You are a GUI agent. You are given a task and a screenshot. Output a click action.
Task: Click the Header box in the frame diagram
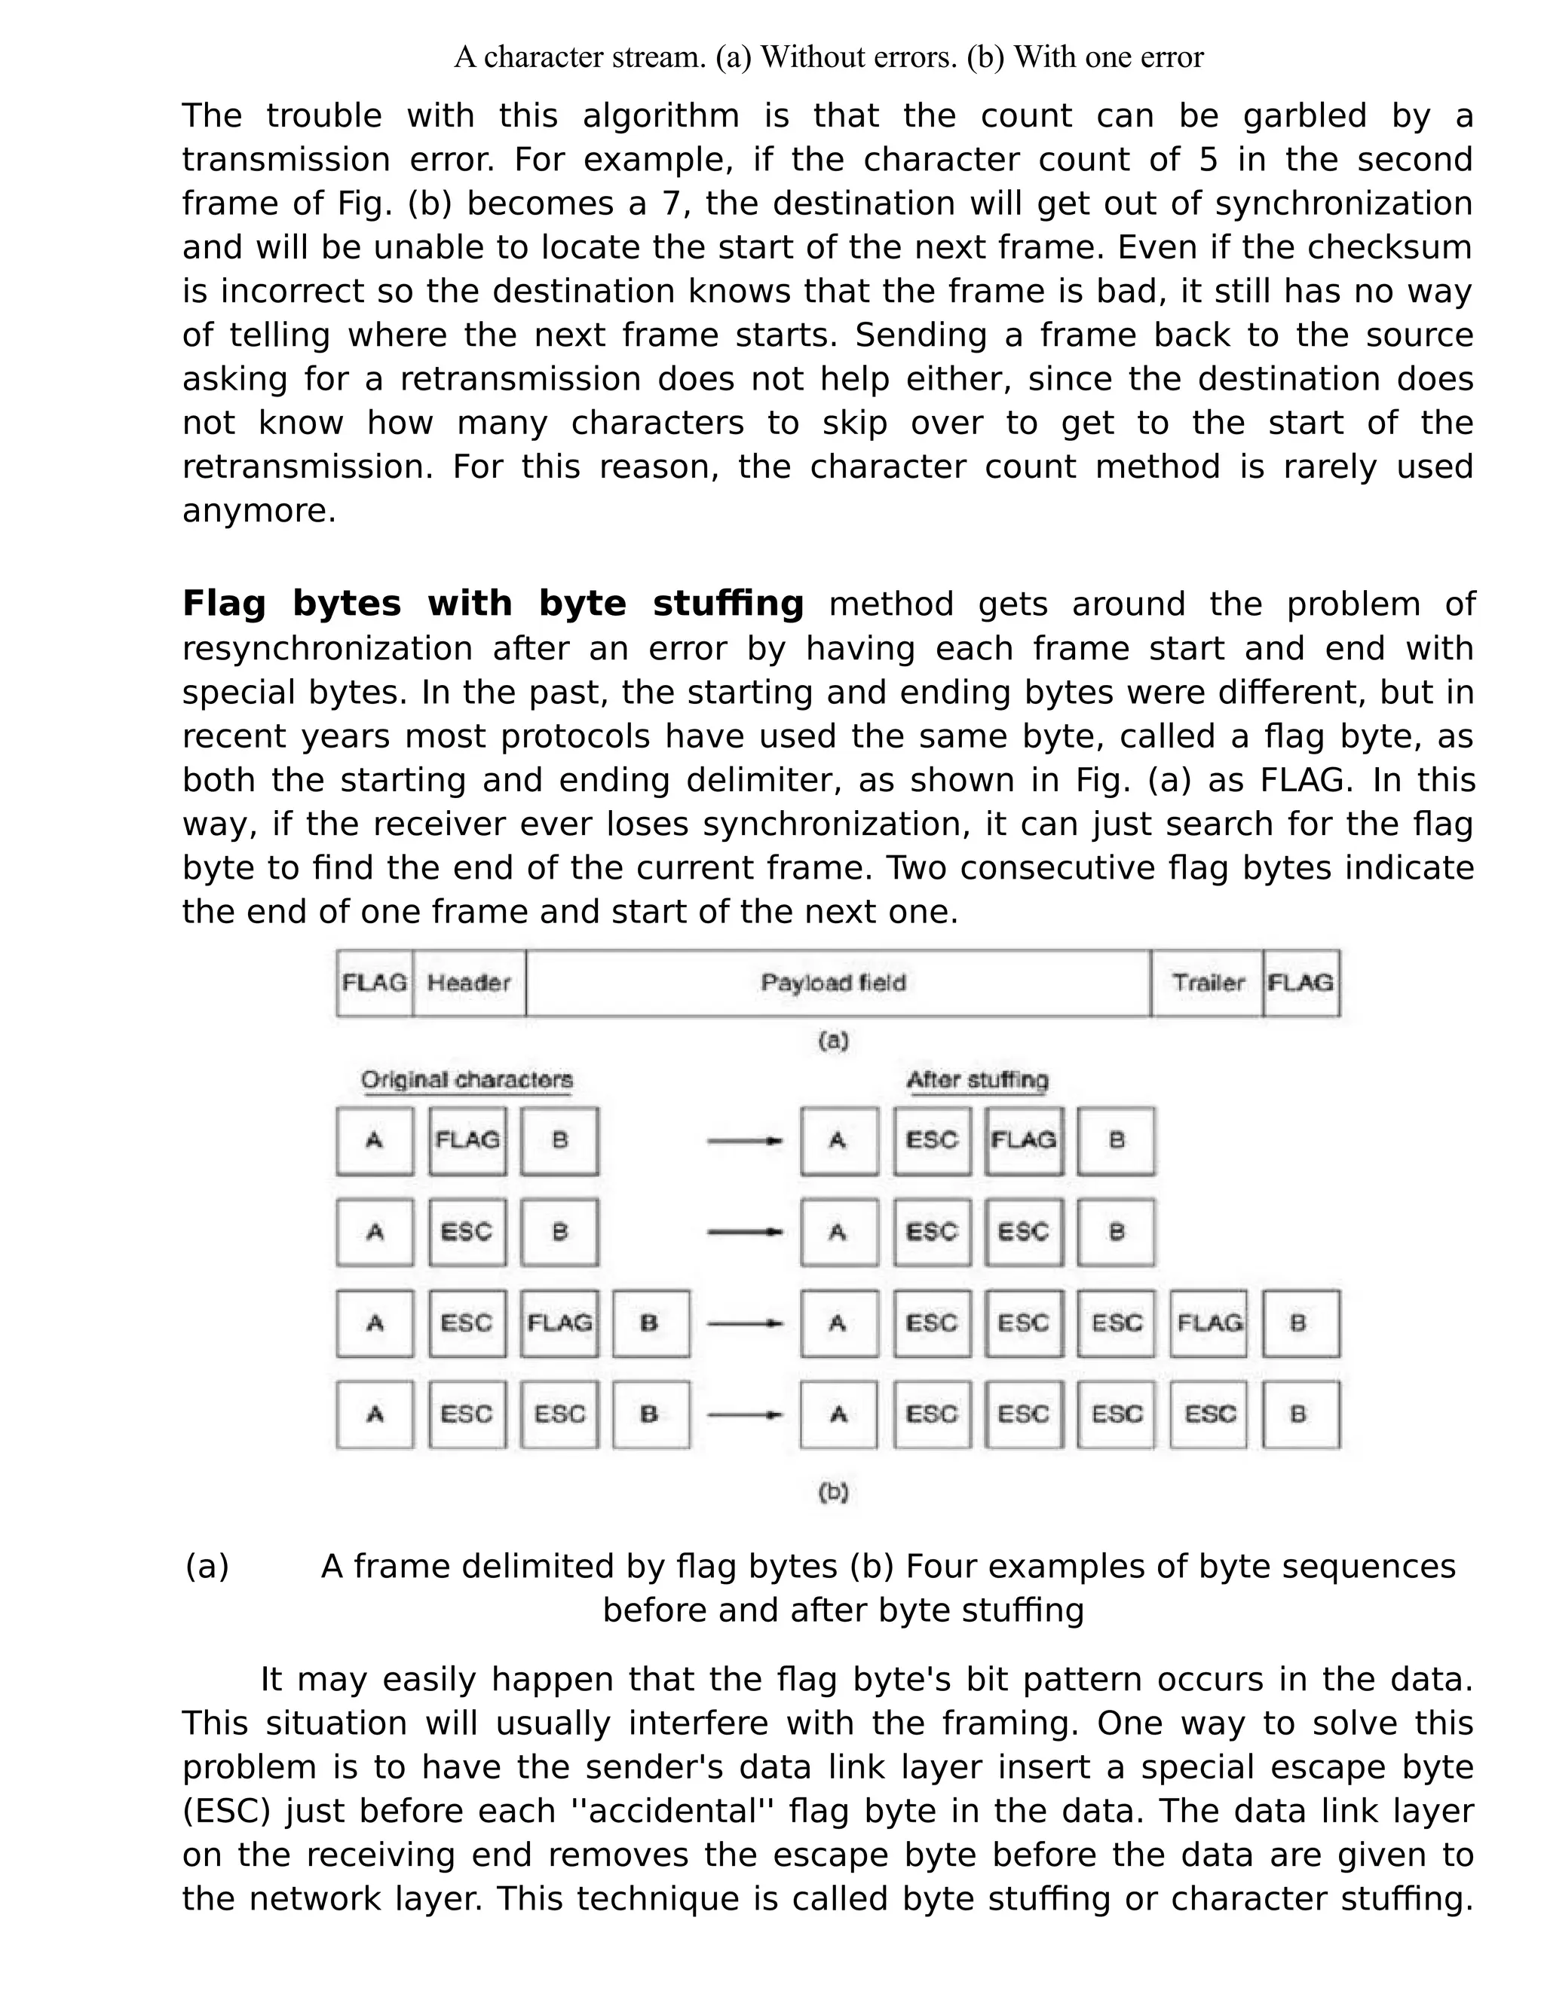[468, 983]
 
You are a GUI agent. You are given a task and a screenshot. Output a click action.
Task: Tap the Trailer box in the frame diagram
[1208, 983]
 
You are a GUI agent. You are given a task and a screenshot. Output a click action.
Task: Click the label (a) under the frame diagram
[833, 1041]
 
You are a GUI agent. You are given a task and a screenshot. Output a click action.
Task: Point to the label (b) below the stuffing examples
[833, 1492]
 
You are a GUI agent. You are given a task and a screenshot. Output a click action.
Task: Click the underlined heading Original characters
[467, 1080]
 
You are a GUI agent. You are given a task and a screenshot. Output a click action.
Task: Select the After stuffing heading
[977, 1080]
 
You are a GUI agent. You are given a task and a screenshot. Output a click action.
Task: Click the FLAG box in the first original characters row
[467, 1140]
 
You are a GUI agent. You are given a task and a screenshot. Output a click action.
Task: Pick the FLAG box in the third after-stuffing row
[1209, 1323]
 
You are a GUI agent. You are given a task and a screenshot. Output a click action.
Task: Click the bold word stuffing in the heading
[728, 604]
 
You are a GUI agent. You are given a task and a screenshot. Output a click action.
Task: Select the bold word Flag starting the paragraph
[224, 604]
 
